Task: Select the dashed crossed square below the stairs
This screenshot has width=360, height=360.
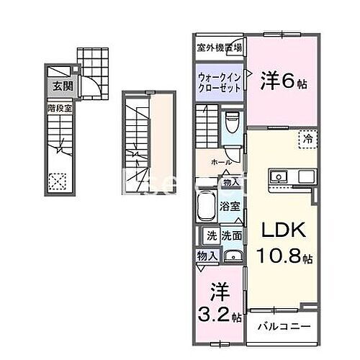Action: pyautogui.click(x=56, y=181)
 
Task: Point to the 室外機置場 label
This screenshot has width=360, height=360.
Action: pyautogui.click(x=220, y=48)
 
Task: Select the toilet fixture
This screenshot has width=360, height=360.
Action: pyautogui.click(x=231, y=125)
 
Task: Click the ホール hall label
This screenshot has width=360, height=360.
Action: pyautogui.click(x=221, y=162)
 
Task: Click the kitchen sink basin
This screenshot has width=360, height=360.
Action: pyautogui.click(x=277, y=176)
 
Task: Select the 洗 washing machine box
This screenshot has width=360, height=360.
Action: pyautogui.click(x=212, y=235)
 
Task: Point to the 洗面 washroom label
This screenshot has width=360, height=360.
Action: pyautogui.click(x=231, y=235)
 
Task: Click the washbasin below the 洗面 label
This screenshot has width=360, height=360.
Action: pyautogui.click(x=232, y=257)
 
